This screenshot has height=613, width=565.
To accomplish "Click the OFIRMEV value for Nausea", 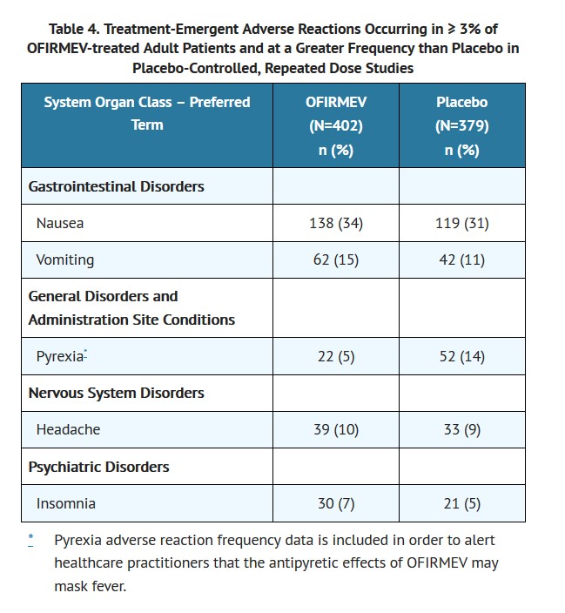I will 335,223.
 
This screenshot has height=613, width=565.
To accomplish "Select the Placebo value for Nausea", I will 461,223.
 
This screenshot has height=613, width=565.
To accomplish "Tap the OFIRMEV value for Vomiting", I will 335,259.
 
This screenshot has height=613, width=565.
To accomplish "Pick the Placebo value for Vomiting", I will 461,259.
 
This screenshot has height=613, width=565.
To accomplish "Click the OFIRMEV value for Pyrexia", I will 335,356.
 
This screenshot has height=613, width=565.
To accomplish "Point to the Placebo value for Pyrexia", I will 461,356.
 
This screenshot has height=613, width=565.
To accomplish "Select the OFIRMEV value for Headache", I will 335,429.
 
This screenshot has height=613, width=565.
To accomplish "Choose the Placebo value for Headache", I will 461,429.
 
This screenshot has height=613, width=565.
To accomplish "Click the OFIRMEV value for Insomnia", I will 335,503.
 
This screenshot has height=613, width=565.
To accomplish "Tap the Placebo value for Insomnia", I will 461,503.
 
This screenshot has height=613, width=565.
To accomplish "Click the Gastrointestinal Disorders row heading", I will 116,186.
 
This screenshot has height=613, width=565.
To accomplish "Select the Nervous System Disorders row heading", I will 116,393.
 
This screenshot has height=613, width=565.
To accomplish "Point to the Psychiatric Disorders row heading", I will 98,467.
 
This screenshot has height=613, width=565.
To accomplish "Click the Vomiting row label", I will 65,259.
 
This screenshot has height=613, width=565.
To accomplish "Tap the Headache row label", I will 68,429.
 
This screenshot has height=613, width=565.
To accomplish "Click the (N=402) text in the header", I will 335,125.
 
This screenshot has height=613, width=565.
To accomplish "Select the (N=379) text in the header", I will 461,125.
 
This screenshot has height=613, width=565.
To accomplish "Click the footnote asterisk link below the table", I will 30,539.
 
